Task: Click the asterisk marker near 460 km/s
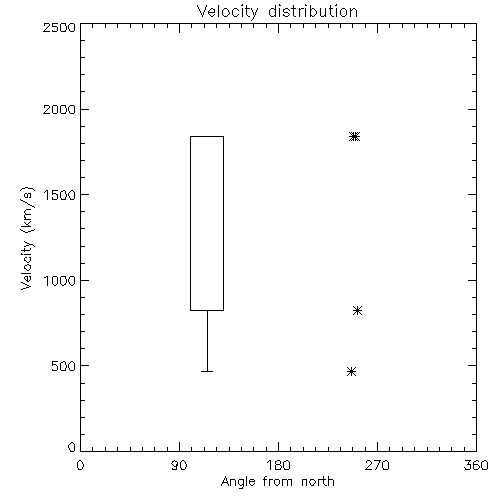[351, 371]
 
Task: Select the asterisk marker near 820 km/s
[357, 311]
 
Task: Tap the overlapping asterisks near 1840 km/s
[355, 136]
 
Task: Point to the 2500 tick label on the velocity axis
[59, 27]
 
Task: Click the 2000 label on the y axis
[59, 109]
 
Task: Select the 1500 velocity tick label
[60, 195]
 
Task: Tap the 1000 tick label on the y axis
[60, 281]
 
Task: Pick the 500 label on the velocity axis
[64, 366]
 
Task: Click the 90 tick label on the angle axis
[179, 465]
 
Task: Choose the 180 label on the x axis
[278, 465]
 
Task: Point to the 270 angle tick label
[377, 465]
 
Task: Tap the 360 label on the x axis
[476, 465]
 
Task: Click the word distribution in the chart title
[313, 11]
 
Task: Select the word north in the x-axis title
[318, 481]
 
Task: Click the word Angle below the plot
[238, 482]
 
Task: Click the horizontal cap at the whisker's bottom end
[207, 371]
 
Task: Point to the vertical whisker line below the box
[207, 341]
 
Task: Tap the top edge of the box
[207, 136]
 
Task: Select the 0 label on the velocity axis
[72, 447]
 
